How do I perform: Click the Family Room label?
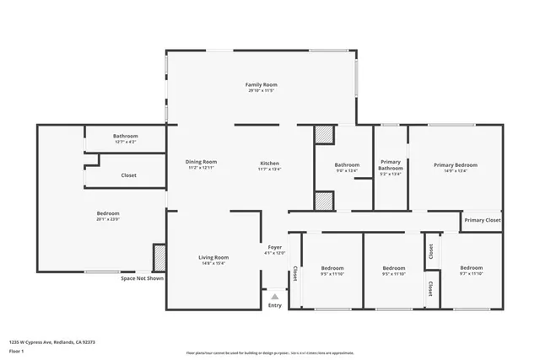tap(261, 85)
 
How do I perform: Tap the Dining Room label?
tap(202, 162)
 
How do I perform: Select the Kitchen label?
tap(269, 163)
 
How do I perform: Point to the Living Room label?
tap(213, 257)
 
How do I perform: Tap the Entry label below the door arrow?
tap(275, 305)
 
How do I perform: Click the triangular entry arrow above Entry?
tap(274, 295)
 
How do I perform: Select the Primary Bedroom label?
tap(455, 164)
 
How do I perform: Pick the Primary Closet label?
tap(482, 220)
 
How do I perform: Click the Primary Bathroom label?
tap(391, 164)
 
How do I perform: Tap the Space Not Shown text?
tap(141, 278)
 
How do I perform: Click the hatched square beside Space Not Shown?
tap(158, 257)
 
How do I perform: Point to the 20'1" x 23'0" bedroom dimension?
tap(108, 219)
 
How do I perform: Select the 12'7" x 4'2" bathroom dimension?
tap(126, 142)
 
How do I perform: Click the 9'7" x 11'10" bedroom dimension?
tap(471, 273)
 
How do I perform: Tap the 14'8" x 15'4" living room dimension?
tap(213, 264)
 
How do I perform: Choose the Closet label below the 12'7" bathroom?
tap(128, 175)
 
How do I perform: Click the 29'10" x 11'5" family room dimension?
tap(261, 91)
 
